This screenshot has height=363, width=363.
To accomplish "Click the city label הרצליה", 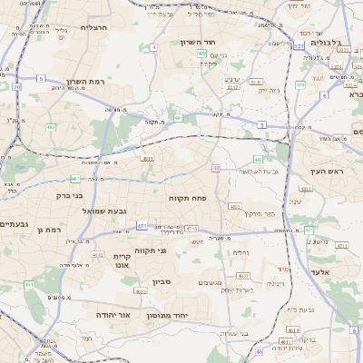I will point(93,28).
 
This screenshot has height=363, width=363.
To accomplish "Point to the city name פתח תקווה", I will point(189,197).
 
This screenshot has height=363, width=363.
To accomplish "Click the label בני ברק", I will point(69,195).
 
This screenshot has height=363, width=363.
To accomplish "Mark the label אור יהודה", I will point(113,314).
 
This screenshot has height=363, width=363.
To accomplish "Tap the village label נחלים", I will point(240,253).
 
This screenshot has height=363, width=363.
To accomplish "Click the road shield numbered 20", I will point(17,86).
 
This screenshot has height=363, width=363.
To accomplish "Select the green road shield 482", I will point(51,127).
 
